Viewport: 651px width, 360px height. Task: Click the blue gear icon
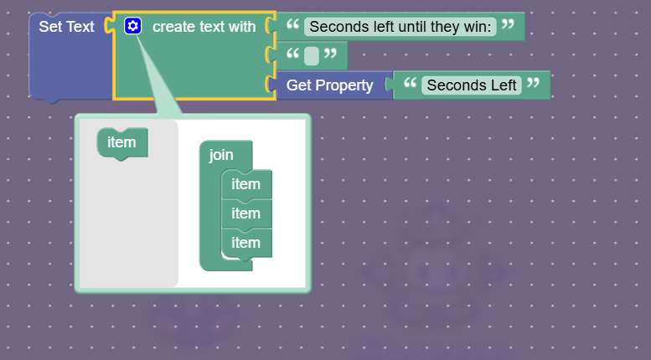tap(132, 26)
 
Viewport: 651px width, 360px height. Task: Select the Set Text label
tap(66, 27)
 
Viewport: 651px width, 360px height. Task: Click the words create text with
tap(204, 27)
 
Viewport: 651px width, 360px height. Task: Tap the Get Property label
tap(329, 85)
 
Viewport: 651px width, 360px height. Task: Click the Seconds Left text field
tap(471, 85)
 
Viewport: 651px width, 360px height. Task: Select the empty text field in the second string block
tap(312, 56)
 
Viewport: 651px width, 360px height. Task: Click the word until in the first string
tap(402, 27)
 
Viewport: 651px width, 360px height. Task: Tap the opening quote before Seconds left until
tap(292, 26)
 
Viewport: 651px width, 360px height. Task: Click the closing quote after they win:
tap(507, 26)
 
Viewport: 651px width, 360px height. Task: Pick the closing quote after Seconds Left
tap(533, 85)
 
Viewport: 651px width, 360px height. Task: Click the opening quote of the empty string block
tap(292, 55)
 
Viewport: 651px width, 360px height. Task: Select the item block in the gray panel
tap(121, 142)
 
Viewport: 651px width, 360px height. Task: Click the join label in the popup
tap(221, 155)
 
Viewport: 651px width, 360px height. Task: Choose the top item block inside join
tap(245, 184)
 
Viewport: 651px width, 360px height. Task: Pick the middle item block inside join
tap(245, 213)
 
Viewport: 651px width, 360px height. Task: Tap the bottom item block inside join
tap(245, 243)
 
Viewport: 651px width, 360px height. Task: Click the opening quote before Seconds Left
tap(410, 85)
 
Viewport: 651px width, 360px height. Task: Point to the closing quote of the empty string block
tap(331, 55)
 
